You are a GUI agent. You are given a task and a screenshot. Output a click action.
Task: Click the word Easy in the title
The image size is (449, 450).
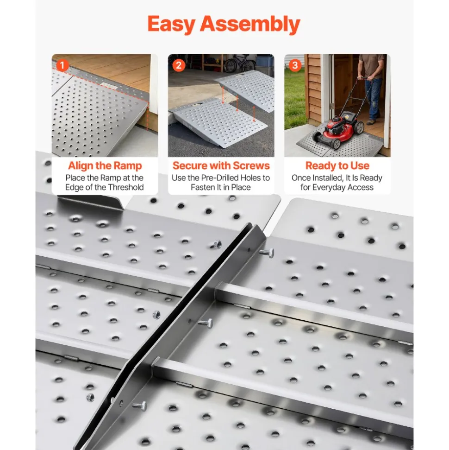[171, 24]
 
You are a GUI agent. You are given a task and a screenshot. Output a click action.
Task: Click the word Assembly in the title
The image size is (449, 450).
[250, 24]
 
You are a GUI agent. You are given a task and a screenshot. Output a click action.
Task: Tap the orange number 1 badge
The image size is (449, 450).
[62, 65]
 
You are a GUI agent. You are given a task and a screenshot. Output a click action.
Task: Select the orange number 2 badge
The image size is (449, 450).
[178, 65]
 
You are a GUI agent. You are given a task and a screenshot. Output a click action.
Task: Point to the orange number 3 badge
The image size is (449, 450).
[295, 65]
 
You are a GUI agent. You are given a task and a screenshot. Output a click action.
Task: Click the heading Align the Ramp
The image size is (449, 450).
[105, 165]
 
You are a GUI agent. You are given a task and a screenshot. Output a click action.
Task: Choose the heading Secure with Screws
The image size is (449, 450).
[221, 165]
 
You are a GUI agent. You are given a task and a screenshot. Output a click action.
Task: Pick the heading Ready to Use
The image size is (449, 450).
[337, 165]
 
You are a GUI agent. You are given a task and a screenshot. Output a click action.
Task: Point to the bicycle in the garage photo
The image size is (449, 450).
[237, 63]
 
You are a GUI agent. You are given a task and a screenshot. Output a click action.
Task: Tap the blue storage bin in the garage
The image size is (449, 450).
[265, 61]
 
